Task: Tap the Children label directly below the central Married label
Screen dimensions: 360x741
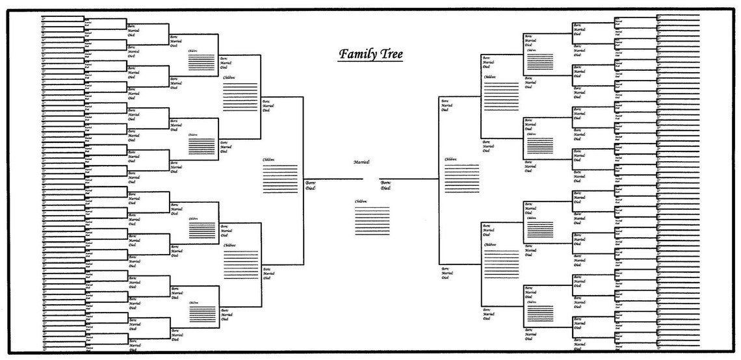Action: (361, 201)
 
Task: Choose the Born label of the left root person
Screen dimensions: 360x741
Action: (310, 183)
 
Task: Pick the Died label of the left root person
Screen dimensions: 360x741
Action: (310, 188)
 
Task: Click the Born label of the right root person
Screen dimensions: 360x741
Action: (385, 183)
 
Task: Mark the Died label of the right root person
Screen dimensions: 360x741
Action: (385, 188)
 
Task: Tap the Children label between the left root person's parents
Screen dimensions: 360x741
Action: (268, 159)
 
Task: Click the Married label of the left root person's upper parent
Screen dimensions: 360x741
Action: (266, 105)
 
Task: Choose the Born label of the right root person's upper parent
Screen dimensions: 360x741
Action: (445, 101)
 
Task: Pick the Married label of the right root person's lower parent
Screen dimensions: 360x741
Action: (447, 273)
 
